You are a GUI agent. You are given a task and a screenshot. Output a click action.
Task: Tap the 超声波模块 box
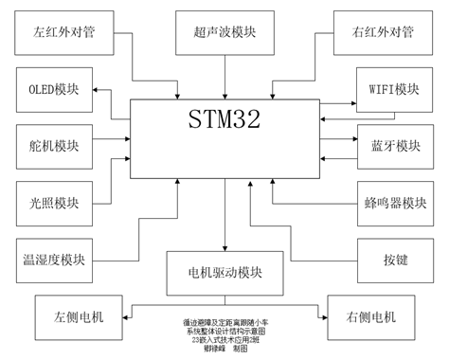coord(225,33)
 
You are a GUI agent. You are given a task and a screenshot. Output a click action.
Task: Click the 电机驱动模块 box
coord(224,272)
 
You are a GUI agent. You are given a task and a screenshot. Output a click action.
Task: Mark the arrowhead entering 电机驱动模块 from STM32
coord(224,248)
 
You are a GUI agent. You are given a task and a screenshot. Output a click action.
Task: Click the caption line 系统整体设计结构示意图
coord(224,331)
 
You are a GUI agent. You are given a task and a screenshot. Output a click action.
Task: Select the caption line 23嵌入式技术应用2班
coord(224,339)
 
